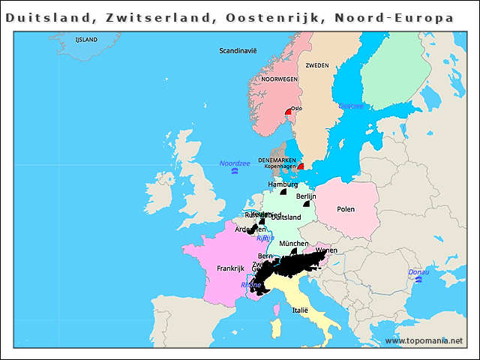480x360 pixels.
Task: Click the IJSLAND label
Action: [x=86, y=38]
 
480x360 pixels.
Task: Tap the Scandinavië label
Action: [x=238, y=51]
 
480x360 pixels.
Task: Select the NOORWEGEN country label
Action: [x=279, y=79]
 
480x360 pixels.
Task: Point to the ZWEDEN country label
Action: [x=316, y=65]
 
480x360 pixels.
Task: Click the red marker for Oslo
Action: [x=288, y=113]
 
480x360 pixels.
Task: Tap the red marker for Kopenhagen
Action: [x=301, y=167]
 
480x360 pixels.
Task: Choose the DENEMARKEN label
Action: [x=277, y=160]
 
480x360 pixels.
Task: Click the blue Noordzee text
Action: [x=234, y=163]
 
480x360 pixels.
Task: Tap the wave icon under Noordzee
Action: [x=235, y=172]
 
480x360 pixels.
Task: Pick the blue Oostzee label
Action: [x=350, y=106]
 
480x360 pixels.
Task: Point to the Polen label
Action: [x=346, y=209]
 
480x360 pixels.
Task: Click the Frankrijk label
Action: [x=230, y=268]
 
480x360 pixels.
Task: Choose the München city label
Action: [x=292, y=244]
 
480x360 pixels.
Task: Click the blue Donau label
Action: [x=418, y=271]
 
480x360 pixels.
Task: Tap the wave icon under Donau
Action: [x=418, y=280]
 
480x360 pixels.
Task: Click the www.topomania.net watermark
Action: [x=424, y=341]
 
